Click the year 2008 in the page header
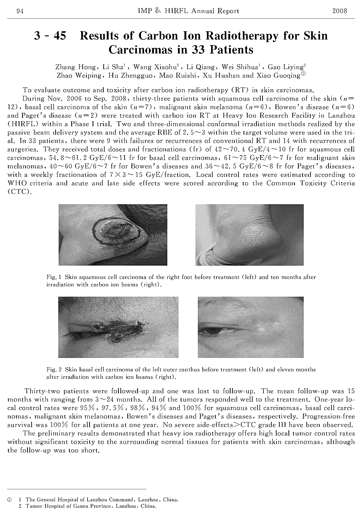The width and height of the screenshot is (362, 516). click(340, 11)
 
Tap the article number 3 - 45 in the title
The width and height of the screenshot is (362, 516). click(50, 36)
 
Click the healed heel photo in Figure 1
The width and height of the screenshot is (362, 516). click(249, 235)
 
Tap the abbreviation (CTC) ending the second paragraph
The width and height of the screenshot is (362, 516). click(19, 192)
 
